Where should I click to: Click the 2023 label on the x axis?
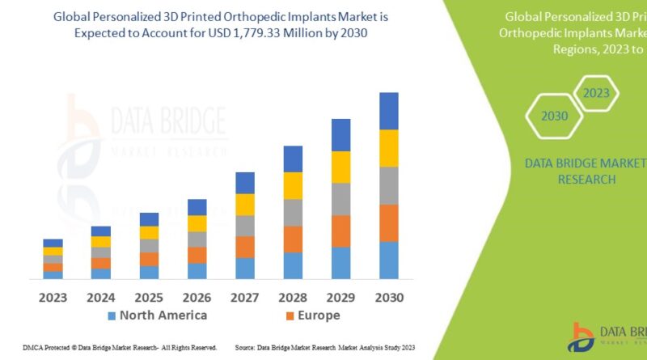53,297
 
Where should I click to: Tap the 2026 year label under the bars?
197,297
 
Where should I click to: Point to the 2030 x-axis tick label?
389,297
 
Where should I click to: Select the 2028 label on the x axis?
293,297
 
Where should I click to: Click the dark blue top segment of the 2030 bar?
389,111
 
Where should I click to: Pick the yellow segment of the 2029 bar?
340,167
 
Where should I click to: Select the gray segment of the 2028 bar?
293,212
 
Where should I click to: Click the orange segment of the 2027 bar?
245,247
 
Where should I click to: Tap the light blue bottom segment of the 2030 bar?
389,260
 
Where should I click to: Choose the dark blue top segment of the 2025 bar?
149,219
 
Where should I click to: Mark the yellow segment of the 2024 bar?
101,241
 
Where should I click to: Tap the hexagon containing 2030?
555,116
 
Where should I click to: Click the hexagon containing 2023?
596,93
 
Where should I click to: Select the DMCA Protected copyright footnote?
109,347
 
